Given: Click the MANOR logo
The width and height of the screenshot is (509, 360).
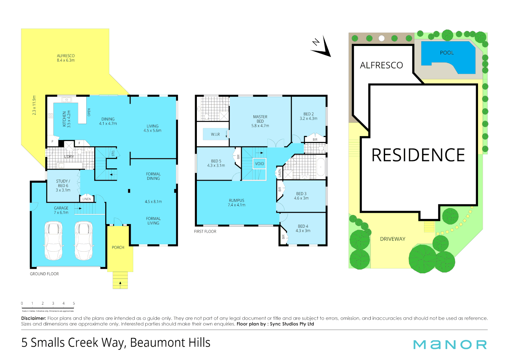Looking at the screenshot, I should (x=450, y=345).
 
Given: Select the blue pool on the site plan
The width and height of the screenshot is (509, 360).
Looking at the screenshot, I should (x=446, y=57).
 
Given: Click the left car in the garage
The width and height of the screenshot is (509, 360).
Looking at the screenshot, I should (x=53, y=241).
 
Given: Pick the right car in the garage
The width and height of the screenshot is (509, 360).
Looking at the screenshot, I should (x=83, y=241).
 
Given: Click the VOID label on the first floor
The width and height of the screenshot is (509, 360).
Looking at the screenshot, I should (x=259, y=164).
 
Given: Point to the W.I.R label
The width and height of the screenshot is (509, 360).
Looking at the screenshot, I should (x=215, y=134).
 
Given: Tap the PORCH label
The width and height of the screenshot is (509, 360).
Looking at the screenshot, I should (x=118, y=247).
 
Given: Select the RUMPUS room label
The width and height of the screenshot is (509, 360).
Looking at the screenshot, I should (x=237, y=203).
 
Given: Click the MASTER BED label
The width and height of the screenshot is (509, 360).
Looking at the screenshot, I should (x=260, y=121).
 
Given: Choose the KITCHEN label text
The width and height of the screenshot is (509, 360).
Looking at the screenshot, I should (x=67, y=119).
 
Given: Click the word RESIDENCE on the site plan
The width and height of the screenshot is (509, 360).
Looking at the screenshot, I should (x=418, y=155).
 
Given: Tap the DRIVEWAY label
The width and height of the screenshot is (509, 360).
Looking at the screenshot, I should (x=393, y=239).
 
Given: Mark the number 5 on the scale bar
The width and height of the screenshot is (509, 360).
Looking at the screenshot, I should (x=74, y=303).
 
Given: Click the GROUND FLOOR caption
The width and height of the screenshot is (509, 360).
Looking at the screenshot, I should (x=44, y=274).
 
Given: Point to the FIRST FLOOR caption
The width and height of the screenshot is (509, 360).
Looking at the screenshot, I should (x=205, y=231).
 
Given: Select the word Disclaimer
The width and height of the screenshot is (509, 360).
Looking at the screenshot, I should (x=33, y=318).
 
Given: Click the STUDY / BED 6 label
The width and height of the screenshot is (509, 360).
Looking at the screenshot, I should (x=63, y=186).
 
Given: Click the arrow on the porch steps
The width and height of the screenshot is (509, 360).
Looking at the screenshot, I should (x=120, y=284).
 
